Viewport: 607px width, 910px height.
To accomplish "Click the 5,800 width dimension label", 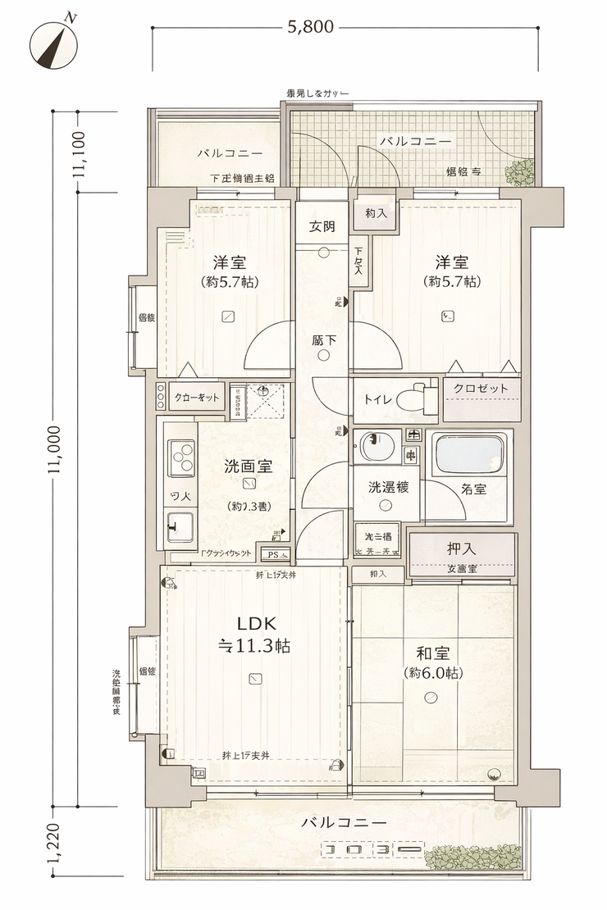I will coord(310,27).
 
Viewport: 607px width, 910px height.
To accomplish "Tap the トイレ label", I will coord(376,399).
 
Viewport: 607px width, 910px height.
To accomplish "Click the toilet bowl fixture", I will coord(418,398).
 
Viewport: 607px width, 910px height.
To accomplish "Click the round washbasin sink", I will coord(373,448).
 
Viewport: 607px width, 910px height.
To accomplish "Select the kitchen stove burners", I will coord(181,457).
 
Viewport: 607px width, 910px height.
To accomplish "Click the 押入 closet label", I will coord(462,548).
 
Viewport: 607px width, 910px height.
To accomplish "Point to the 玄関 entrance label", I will coord(322,227).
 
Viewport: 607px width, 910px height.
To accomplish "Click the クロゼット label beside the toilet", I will coord(481,389).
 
